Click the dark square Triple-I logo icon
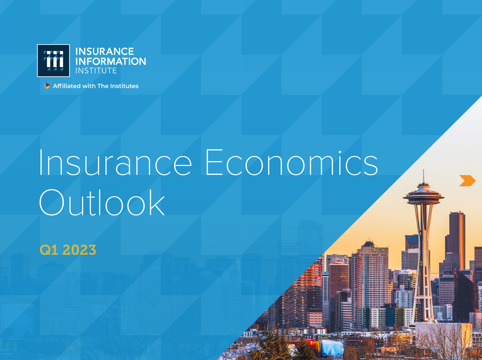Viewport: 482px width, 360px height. click(x=53, y=61)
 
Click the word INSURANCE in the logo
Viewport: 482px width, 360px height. click(x=104, y=51)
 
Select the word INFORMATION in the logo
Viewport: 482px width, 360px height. click(x=111, y=61)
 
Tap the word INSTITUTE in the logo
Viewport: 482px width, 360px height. click(x=96, y=71)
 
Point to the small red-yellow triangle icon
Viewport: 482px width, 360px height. click(x=47, y=86)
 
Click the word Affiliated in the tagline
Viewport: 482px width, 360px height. click(x=67, y=86)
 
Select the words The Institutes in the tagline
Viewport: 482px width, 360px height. click(x=118, y=86)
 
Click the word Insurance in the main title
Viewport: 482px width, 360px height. click(x=116, y=162)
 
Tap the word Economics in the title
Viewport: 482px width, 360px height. click(x=292, y=162)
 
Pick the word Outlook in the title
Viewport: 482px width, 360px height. click(x=102, y=203)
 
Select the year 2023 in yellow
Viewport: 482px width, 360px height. click(x=79, y=250)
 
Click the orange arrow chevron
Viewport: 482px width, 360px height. click(x=468, y=181)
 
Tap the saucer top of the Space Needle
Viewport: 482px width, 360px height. click(x=424, y=195)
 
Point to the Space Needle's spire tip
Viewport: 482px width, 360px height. click(x=424, y=170)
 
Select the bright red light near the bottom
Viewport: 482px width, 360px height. click(x=311, y=342)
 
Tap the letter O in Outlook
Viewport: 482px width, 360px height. click(x=52, y=203)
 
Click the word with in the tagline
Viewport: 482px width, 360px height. click(x=89, y=86)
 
